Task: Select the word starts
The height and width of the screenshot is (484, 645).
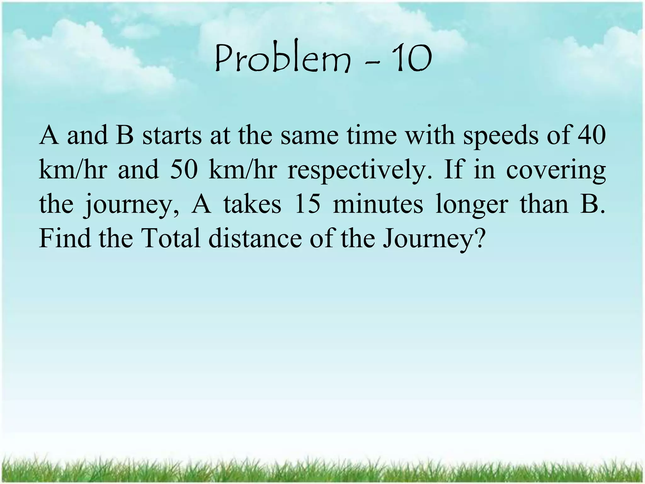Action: click(x=172, y=135)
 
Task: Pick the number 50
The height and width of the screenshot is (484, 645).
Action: click(x=184, y=170)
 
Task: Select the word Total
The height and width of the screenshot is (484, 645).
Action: click(x=172, y=238)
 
